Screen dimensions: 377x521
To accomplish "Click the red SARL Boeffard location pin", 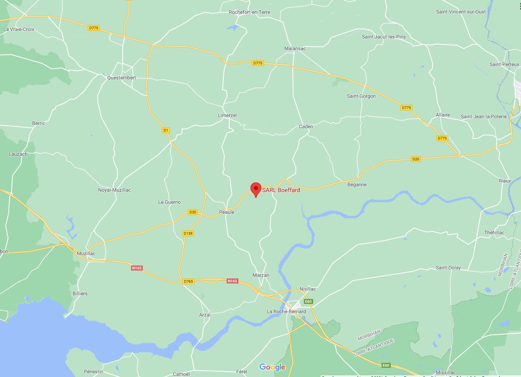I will pos(255,189).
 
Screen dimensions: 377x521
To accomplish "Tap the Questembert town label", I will pos(121,78).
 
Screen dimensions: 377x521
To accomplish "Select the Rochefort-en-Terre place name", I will pos(249,12).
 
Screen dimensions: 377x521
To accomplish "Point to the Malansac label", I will pos(295,48).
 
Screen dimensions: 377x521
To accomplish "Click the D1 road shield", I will pos(166,130).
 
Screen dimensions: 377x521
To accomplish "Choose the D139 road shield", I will pos(188,233).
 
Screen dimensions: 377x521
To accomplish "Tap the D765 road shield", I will pos(188,281).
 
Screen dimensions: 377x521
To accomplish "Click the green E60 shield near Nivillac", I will pos(308,301).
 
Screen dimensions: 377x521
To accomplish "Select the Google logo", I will pos(272,367).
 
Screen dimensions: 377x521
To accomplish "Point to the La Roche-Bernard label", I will pos(286,311).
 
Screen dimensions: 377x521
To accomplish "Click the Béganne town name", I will pos(357,184).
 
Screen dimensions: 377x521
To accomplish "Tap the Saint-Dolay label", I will pos(448,268).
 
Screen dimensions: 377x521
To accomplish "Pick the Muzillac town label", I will pos(86,253).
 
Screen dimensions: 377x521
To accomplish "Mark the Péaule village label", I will pos(227,212).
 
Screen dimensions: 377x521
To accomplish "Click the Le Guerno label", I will pos(169,202).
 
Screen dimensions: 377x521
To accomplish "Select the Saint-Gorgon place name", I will pos(361,96).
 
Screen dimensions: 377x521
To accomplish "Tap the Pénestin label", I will pos(94,372).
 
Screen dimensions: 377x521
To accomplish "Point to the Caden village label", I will pos(306,127).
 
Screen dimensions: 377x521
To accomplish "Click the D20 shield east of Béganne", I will pos(415,159).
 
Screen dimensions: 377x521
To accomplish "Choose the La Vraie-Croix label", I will pos(19,29).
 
